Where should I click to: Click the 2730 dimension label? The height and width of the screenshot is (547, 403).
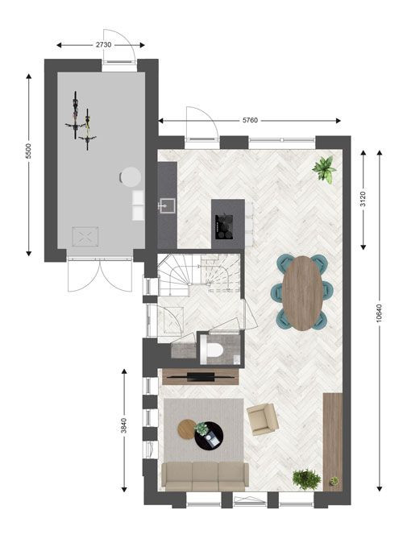(104, 45)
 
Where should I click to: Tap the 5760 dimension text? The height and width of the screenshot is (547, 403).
(250, 120)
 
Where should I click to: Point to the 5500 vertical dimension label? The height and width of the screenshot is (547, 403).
(28, 151)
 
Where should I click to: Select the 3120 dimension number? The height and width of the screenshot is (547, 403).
(364, 199)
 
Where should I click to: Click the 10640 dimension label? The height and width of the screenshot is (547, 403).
(380, 313)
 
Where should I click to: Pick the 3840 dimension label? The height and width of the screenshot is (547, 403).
(124, 426)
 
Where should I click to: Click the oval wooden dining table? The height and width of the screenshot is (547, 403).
(302, 293)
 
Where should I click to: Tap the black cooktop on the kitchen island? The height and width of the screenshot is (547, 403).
(224, 226)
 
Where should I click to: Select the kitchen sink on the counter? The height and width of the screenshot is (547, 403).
(167, 205)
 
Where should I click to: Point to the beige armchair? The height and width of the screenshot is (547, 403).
(263, 420)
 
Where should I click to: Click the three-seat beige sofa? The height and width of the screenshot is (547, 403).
(206, 476)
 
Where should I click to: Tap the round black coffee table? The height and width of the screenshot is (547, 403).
(209, 436)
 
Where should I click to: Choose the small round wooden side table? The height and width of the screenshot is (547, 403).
(187, 429)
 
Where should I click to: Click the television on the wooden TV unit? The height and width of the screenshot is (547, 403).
(201, 376)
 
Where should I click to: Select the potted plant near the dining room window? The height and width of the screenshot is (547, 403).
(325, 169)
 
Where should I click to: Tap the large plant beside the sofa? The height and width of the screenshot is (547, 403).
(306, 479)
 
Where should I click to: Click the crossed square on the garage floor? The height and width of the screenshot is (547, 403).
(85, 237)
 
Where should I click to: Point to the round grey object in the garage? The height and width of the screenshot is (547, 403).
(131, 177)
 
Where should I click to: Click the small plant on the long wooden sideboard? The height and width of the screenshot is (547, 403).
(334, 481)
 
